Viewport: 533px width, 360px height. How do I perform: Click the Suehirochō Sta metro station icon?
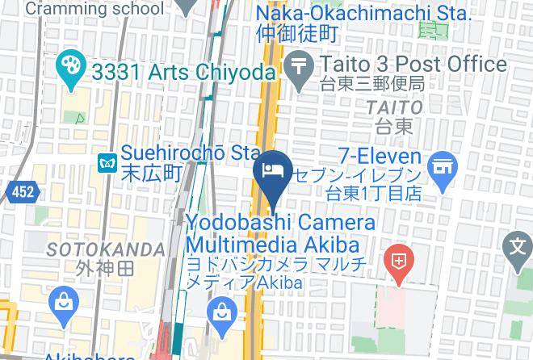[x=106, y=162]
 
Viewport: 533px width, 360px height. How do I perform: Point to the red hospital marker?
[x=399, y=261]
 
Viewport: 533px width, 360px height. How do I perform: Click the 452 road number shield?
[x=22, y=191]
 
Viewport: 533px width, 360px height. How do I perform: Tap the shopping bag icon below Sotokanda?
[x=62, y=303]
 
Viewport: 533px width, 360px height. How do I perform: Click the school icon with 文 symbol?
[x=518, y=245]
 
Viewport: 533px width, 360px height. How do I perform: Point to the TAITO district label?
[x=394, y=107]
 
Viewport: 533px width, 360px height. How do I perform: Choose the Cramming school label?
[x=94, y=9]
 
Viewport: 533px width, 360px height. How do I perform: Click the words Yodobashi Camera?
[x=281, y=222]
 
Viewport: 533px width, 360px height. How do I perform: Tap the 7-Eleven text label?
[x=379, y=157]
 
